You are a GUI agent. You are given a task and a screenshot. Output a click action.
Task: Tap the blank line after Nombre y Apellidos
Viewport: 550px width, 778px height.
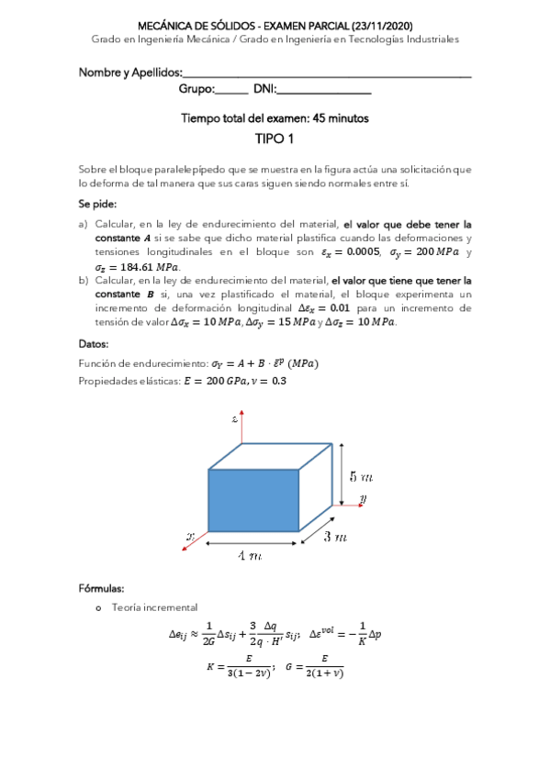click(326, 73)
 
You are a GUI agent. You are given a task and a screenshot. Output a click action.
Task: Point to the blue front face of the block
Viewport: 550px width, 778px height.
click(254, 501)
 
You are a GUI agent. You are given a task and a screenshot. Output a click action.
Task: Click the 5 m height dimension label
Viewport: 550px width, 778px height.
click(360, 476)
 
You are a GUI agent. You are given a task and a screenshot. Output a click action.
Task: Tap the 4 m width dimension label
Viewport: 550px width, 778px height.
click(249, 555)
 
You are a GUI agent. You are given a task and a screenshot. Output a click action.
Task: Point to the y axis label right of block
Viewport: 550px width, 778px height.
click(365, 498)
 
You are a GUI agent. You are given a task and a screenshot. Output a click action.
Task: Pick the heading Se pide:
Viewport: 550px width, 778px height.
click(97, 204)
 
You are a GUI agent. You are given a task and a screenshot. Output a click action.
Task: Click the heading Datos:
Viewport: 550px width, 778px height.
click(94, 344)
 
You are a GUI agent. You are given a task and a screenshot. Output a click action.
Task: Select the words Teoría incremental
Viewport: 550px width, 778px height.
click(152, 607)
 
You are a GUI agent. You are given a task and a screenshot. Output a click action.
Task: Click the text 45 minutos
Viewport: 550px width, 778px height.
click(341, 118)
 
